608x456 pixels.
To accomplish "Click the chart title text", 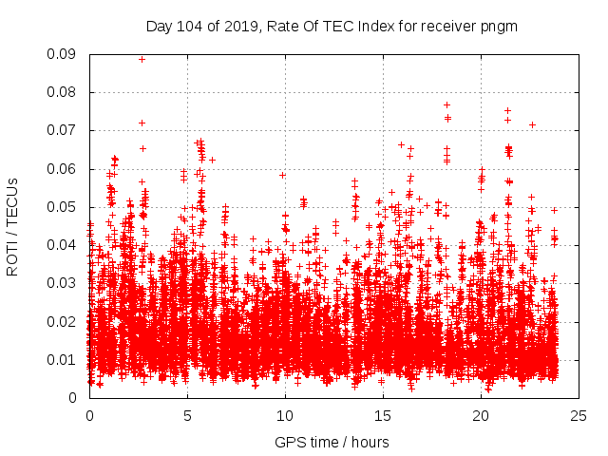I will pos(332,26).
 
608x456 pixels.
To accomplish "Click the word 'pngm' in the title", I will pos(499,26).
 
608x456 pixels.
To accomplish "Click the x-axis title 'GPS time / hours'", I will pos(332,442).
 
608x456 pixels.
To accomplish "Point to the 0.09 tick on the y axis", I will pos(63,54).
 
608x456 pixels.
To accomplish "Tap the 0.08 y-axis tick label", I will pos(63,92).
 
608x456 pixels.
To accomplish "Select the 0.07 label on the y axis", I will pos(63,130).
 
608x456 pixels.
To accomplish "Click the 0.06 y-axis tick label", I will pos(63,169).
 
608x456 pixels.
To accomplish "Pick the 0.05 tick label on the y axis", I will pos(63,207).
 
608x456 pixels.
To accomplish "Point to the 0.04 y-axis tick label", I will pos(63,245).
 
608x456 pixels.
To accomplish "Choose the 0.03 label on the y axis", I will pos(63,283).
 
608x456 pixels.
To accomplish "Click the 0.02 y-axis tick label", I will pos(63,321).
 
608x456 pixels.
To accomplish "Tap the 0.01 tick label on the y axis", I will pos(63,359).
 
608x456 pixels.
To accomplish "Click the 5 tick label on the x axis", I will pos(187,416).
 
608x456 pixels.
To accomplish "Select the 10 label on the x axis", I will pos(285,416).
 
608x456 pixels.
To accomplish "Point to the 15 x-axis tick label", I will pos(383,416).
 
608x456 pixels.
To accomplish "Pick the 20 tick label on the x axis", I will pos(481,416).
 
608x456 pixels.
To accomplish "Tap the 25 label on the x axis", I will pos(579,416).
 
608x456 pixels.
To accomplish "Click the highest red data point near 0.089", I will pos(142,59).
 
